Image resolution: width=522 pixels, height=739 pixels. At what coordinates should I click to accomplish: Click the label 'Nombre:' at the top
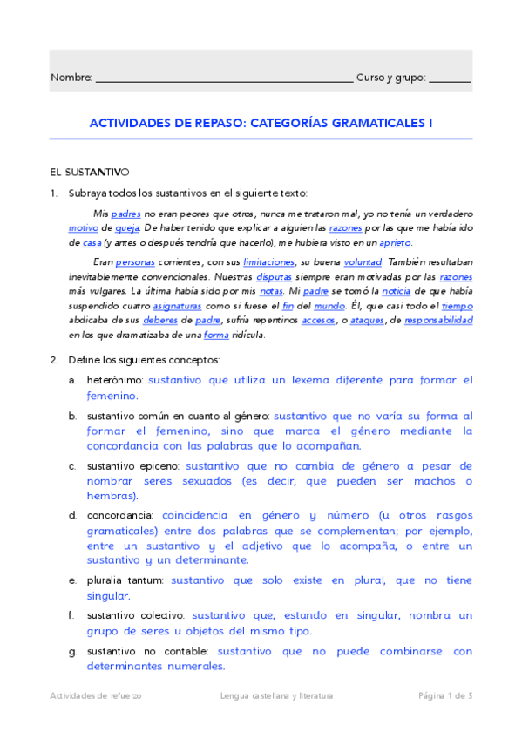pos(71,78)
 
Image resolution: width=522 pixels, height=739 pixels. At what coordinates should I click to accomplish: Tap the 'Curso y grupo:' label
pos(390,78)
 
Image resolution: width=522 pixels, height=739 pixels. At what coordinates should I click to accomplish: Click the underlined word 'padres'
pos(126,213)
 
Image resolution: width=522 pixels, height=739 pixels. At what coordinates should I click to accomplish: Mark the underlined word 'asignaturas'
pos(176,306)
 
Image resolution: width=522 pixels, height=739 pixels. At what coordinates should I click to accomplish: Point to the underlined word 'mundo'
pos(305,306)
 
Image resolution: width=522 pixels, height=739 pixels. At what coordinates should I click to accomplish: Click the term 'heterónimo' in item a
pos(116,380)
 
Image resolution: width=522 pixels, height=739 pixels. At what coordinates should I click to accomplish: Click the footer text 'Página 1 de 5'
pos(445,695)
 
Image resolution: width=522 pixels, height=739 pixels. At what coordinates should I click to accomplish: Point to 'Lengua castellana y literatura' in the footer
pos(277,695)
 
